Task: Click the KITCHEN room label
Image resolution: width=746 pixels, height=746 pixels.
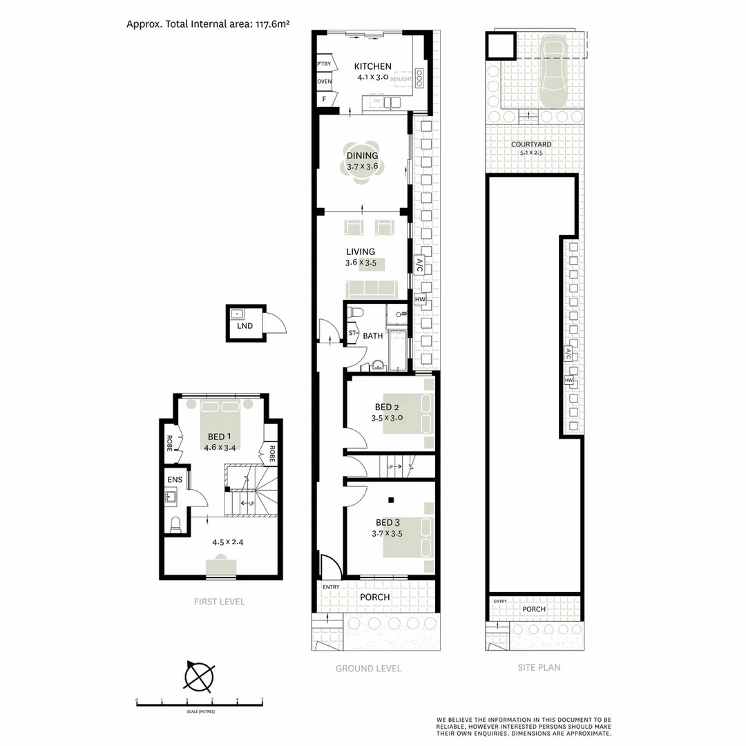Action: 373,66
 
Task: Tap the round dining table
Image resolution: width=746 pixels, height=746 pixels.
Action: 363,166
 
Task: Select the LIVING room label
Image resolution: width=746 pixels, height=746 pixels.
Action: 361,251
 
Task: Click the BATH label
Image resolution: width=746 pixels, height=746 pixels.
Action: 373,336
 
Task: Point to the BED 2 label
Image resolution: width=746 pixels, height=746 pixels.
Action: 387,407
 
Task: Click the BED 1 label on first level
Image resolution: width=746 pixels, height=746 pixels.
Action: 220,437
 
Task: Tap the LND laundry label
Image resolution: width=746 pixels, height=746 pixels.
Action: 244,325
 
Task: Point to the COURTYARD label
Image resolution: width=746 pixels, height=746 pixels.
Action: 530,144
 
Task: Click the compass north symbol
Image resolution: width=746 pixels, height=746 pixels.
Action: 199,676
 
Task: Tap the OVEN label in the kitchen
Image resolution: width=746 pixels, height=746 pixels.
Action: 324,82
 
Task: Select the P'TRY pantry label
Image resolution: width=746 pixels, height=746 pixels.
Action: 323,64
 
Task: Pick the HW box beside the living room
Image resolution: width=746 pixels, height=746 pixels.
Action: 420,299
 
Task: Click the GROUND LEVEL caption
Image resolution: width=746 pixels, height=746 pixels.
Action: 368,668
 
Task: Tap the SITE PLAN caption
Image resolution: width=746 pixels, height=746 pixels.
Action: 539,667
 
